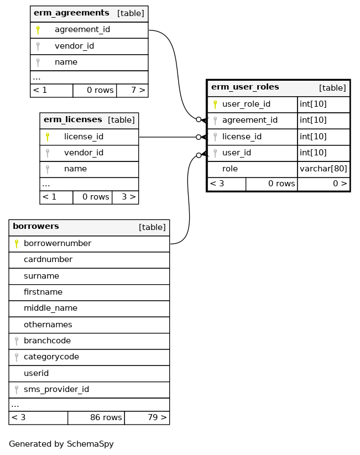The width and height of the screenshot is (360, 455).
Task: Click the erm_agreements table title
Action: pyautogui.click(x=71, y=13)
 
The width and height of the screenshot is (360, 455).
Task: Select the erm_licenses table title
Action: pyautogui.click(x=73, y=119)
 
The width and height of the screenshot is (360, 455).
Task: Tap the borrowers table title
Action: pyautogui.click(x=36, y=227)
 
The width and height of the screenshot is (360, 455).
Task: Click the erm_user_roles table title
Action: pyautogui.click(x=245, y=87)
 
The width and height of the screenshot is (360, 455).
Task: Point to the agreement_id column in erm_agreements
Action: pyautogui.click(x=82, y=29)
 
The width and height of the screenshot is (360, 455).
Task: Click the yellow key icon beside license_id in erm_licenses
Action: pyautogui.click(x=48, y=137)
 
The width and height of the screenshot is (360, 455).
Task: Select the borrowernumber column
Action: pyautogui.click(x=58, y=243)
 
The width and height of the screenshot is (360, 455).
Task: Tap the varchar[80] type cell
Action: pyautogui.click(x=323, y=169)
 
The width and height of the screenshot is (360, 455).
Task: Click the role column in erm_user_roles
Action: pyautogui.click(x=230, y=169)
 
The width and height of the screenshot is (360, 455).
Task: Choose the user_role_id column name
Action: pyautogui.click(x=246, y=103)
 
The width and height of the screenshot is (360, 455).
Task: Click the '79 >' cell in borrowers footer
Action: pyautogui.click(x=147, y=418)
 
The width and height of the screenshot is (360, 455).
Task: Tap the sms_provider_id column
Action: pyautogui.click(x=56, y=390)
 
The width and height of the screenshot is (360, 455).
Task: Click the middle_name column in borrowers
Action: pyautogui.click(x=50, y=308)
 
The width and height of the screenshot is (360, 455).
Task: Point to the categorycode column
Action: pyautogui.click(x=51, y=357)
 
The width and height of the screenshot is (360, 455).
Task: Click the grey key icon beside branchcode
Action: pyautogui.click(x=17, y=341)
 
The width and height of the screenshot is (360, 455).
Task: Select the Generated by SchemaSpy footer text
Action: pyautogui.click(x=61, y=444)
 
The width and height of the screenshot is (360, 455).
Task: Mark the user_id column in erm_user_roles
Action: pyautogui.click(x=237, y=153)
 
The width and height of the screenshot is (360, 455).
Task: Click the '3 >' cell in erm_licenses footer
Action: pyautogui.click(x=125, y=197)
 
